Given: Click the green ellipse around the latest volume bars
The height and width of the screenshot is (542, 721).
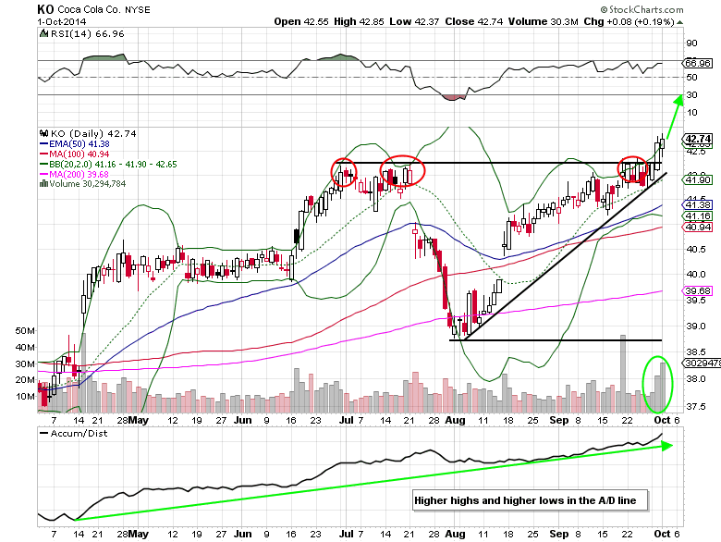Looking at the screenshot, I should [x=657, y=385].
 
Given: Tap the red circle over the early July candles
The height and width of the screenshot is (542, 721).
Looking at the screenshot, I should [x=344, y=173].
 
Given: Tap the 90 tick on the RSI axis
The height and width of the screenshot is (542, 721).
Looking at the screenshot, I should [x=691, y=43].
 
